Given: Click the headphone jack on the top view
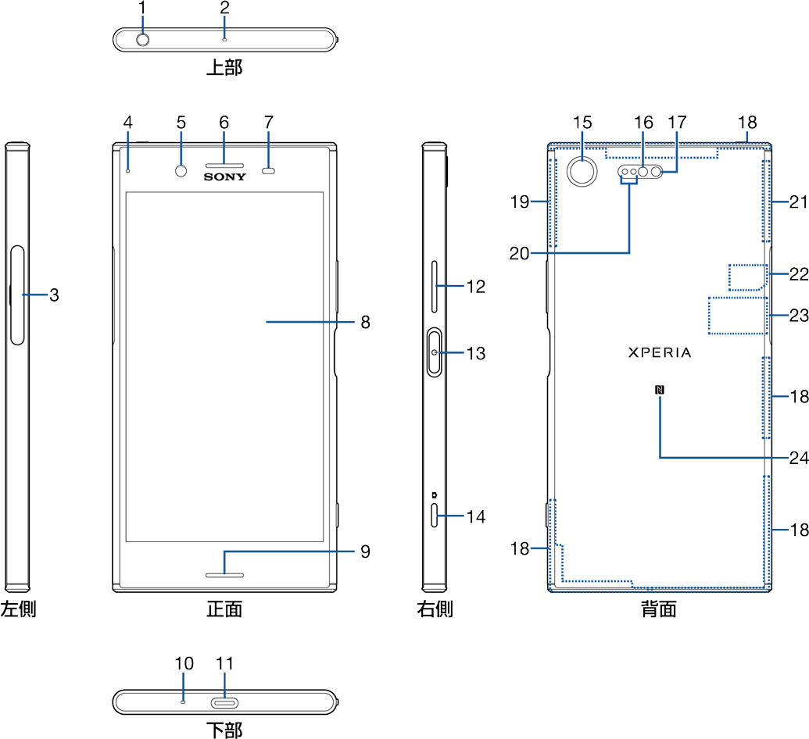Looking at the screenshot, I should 144,38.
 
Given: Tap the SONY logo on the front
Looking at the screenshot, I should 225,177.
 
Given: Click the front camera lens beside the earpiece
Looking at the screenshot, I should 181,170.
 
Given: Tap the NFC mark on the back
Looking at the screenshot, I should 660,391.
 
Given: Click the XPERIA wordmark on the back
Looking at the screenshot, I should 660,352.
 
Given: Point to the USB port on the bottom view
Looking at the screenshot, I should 225,702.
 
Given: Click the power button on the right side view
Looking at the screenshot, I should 434,353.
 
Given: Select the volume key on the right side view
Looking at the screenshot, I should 434,287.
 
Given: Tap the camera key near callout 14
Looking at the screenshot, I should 434,516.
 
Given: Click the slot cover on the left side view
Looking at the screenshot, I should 17,295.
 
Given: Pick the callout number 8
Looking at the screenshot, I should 366,322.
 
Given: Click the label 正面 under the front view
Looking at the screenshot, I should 224,609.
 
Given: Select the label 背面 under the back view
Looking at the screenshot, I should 658,609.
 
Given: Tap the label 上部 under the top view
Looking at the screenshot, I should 224,68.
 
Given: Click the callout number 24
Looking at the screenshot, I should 798,458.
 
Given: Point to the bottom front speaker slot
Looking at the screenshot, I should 225,576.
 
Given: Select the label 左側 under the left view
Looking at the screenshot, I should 18,609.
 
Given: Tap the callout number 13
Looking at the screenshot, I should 476,353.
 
